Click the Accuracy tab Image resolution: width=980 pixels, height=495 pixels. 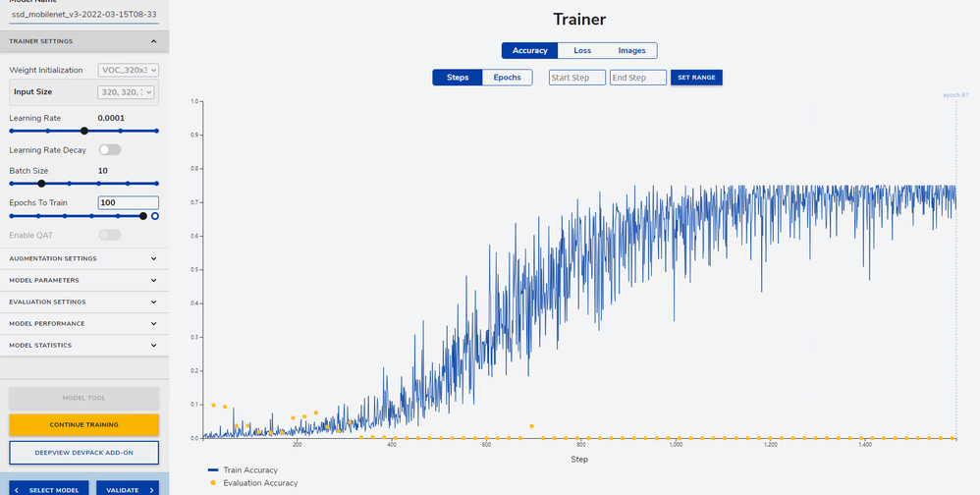pyautogui.click(x=529, y=50)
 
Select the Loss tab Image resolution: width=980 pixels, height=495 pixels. pyautogui.click(x=582, y=50)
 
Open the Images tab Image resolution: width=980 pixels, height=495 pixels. pyautogui.click(x=631, y=50)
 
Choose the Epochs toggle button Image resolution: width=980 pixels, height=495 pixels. pyautogui.click(x=507, y=77)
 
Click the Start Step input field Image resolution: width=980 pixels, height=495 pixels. pyautogui.click(x=576, y=78)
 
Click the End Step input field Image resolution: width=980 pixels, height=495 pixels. pyautogui.click(x=637, y=78)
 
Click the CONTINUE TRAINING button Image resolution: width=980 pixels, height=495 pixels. pyautogui.click(x=83, y=424)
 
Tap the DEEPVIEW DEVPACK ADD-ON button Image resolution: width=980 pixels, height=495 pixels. pyautogui.click(x=83, y=452)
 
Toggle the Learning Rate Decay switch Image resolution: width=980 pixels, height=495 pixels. pyautogui.click(x=109, y=150)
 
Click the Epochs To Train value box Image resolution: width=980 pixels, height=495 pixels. pyautogui.click(x=128, y=202)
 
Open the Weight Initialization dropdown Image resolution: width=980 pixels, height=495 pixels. pyautogui.click(x=128, y=71)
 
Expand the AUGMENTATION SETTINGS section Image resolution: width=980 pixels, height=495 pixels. pyautogui.click(x=83, y=258)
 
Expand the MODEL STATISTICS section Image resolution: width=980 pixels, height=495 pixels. pyautogui.click(x=83, y=345)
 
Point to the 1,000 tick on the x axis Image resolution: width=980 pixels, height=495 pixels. pyautogui.click(x=675, y=445)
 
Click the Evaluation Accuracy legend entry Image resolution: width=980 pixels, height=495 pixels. pyautogui.click(x=259, y=482)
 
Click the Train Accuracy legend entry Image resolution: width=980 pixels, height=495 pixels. pyautogui.click(x=249, y=469)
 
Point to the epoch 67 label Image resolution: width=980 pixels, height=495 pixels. pyautogui.click(x=955, y=95)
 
